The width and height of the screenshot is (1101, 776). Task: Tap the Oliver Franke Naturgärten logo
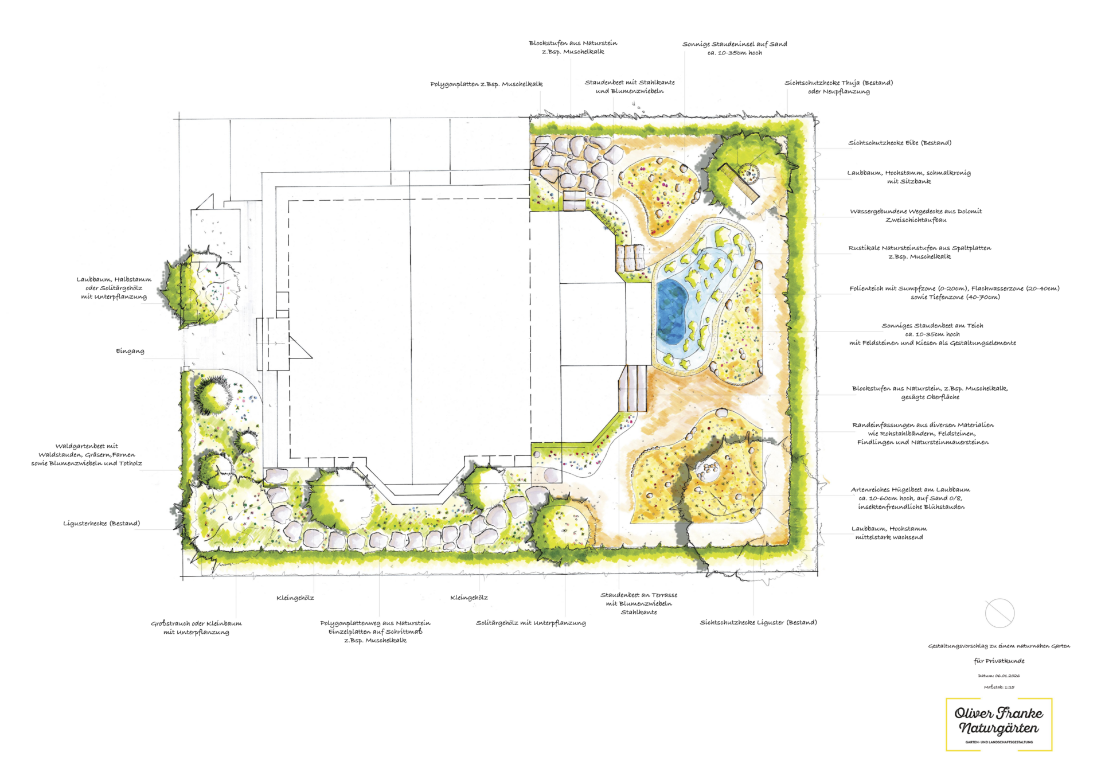click(999, 724)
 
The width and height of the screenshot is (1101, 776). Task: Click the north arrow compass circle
click(1000, 613)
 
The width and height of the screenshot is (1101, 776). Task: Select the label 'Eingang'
click(130, 351)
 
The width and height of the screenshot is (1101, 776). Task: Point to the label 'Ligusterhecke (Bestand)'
click(101, 523)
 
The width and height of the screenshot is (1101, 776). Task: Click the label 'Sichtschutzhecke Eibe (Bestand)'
click(900, 143)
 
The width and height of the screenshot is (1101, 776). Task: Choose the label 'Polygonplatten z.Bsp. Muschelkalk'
click(486, 84)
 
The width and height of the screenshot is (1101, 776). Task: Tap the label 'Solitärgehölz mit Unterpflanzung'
click(530, 623)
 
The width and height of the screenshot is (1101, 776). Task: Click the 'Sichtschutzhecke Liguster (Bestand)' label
click(758, 622)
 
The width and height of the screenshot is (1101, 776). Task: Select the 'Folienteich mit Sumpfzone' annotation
click(954, 293)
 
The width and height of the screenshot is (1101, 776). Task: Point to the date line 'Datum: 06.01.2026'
click(999, 676)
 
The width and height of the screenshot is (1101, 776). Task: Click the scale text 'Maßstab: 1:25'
click(999, 687)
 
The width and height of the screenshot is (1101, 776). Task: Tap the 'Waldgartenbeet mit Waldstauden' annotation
click(87, 455)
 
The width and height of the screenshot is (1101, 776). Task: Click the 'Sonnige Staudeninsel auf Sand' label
click(735, 48)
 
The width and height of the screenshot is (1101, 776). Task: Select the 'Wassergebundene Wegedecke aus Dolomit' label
click(916, 216)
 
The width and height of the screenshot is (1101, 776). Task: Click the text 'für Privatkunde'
click(999, 661)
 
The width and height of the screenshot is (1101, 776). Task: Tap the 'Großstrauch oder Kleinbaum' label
click(196, 627)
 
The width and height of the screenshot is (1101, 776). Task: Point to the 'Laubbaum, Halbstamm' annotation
click(114, 288)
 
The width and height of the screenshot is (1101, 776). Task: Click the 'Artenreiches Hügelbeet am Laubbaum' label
click(911, 498)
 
